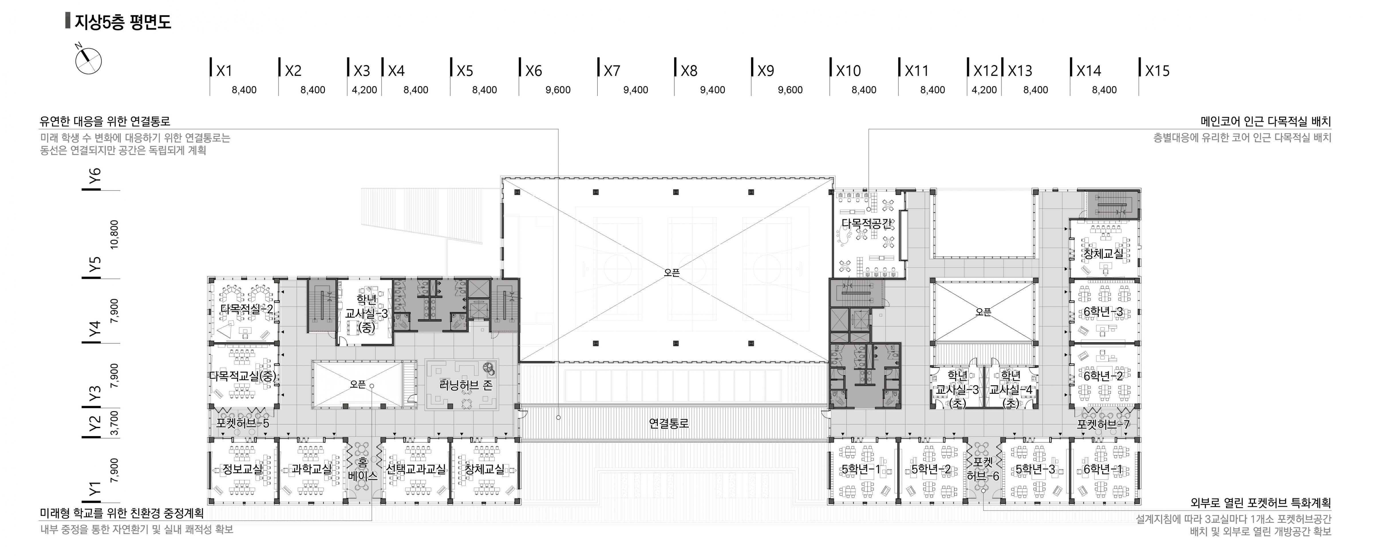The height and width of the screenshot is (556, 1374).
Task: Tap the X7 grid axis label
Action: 612,71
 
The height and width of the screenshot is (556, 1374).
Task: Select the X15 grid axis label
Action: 1157,71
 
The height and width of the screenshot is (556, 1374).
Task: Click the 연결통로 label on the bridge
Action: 669,423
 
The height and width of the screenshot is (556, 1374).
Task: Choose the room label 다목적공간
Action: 867,223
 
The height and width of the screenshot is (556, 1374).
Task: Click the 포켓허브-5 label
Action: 243,423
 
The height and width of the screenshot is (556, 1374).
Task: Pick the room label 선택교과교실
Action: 416,469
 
